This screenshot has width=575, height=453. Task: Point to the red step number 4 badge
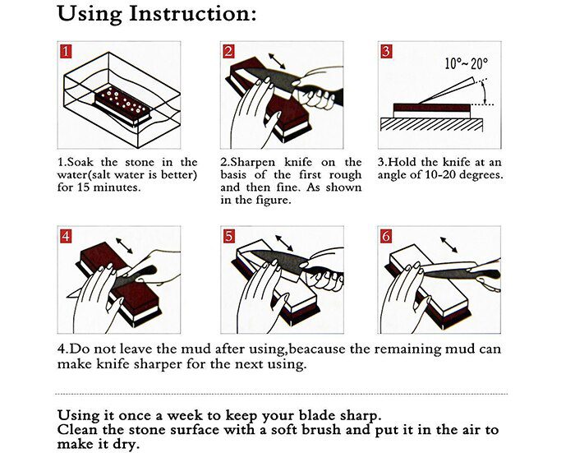click(x=66, y=236)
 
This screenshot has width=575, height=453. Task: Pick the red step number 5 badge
click(x=229, y=236)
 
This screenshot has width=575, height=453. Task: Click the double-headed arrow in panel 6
click(x=448, y=246)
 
